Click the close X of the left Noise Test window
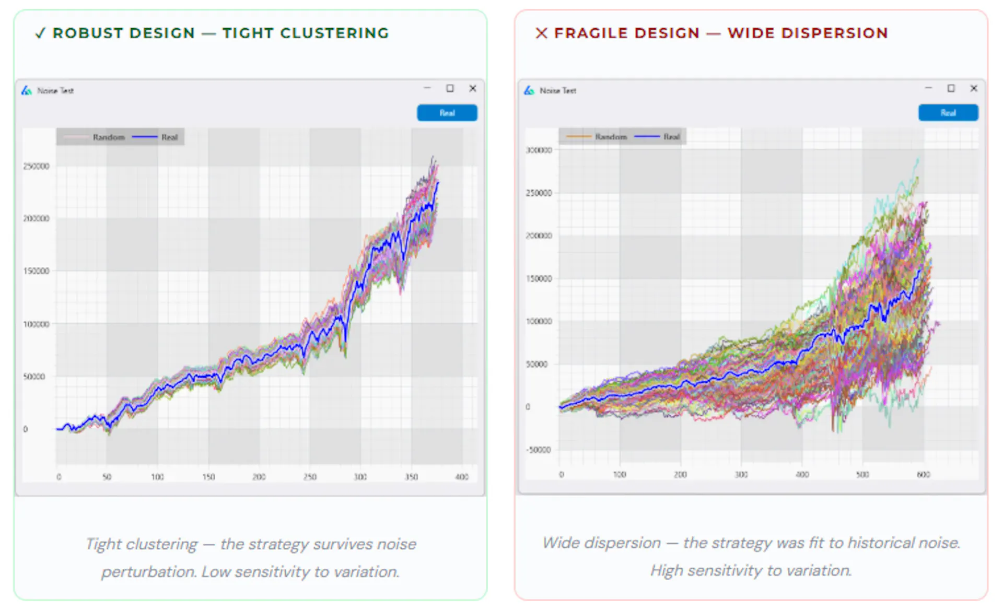tap(472, 89)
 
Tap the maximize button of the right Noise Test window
tap(951, 89)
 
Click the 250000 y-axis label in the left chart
tap(36, 166)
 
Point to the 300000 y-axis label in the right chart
tap(539, 150)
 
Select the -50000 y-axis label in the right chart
tap(539, 450)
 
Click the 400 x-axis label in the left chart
tap(462, 477)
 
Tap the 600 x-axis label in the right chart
tap(923, 474)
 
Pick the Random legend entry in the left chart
tap(109, 137)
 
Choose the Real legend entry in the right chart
tap(671, 137)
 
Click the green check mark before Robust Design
tap(40, 33)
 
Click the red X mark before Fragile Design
tap(541, 33)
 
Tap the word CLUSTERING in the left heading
tap(334, 33)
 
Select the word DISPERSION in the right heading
tap(835, 33)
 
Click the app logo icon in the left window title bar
tap(27, 91)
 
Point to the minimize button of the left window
tap(427, 89)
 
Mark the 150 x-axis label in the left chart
tap(208, 477)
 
